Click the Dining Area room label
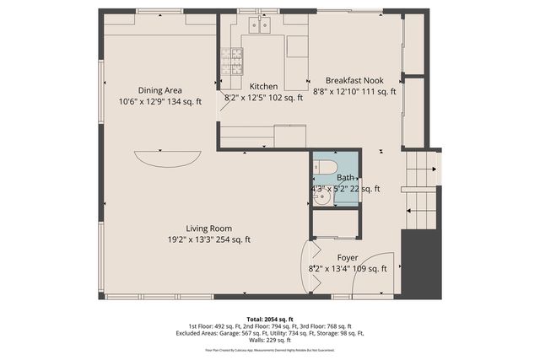pyautogui.click(x=160, y=90)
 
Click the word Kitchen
pyautogui.click(x=263, y=86)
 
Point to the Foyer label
pyautogui.click(x=348, y=257)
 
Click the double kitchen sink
pyautogui.click(x=258, y=26)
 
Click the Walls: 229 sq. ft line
pyautogui.click(x=269, y=341)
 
